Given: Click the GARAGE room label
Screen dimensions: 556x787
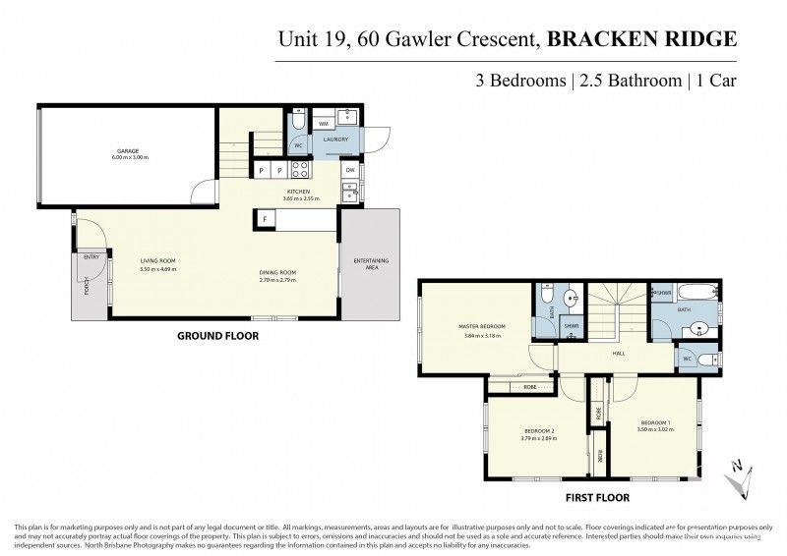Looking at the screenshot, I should click(x=126, y=150).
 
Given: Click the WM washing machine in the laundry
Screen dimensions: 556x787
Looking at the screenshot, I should click(x=324, y=124).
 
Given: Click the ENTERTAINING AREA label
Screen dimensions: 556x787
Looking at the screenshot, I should click(x=371, y=262).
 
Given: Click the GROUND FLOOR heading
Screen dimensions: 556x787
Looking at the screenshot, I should click(x=217, y=335).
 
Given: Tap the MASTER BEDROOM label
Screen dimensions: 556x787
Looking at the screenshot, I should click(x=482, y=326).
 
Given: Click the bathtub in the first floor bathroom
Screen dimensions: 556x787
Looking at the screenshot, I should click(x=696, y=294).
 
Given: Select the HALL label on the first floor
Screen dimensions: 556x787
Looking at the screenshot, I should click(x=619, y=353).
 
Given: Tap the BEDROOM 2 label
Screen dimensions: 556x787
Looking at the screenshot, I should click(x=539, y=431).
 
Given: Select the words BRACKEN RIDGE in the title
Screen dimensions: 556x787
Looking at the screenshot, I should click(x=628, y=39).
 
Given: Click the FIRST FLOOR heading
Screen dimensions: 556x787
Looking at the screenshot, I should click(x=599, y=497).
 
